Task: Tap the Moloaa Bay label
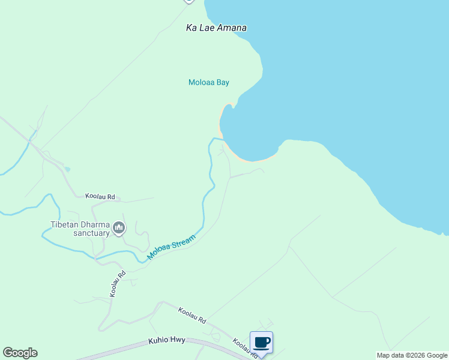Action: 209,83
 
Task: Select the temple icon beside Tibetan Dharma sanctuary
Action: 119,228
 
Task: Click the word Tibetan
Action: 63,226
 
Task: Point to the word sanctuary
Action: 91,233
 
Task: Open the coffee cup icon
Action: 261,343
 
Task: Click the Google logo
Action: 20,353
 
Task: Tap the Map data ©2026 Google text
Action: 412,355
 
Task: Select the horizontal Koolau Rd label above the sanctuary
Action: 100,196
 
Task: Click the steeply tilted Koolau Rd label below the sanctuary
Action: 118,284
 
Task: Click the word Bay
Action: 223,83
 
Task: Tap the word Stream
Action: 182,243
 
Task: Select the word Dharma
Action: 92,226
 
